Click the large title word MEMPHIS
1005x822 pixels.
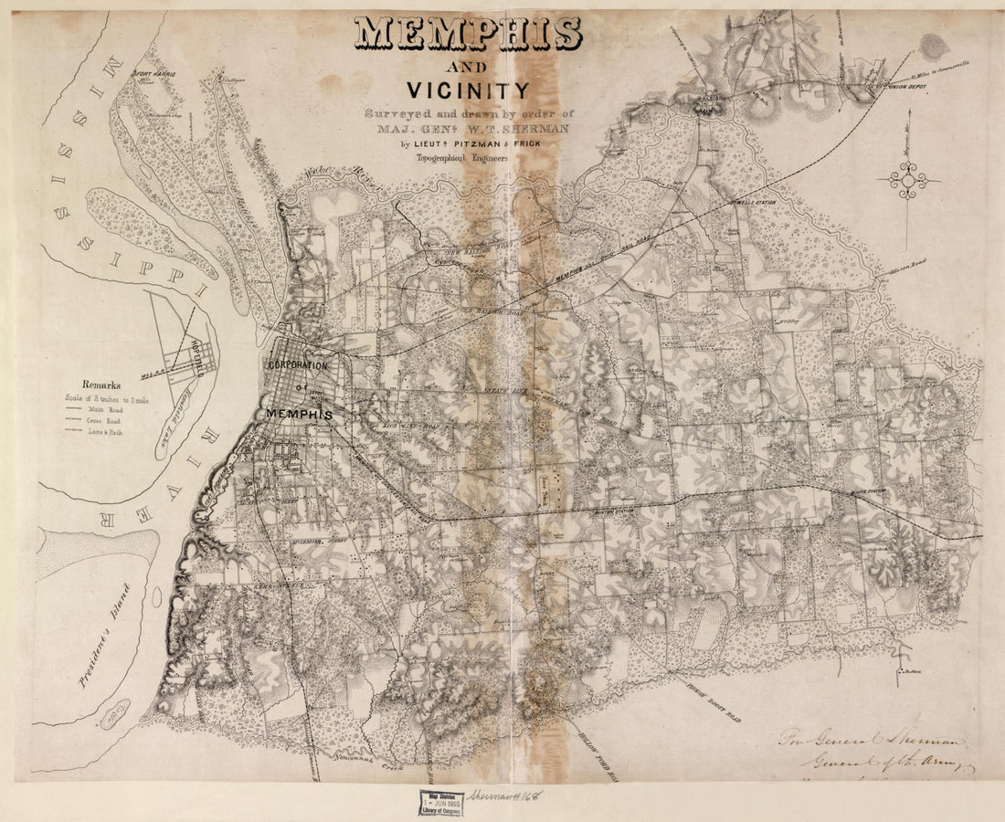click(x=468, y=34)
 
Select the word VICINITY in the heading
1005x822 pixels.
click(x=468, y=90)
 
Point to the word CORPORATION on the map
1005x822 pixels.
click(x=297, y=365)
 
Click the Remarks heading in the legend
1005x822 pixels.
click(x=101, y=385)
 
